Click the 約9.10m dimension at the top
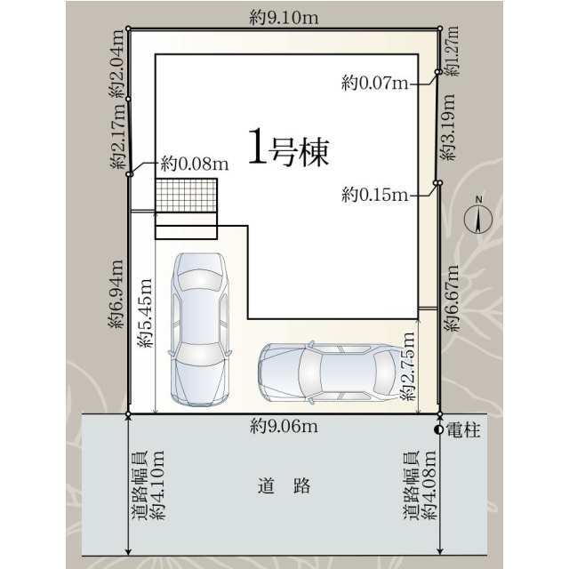[x=284, y=18]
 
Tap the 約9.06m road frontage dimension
[x=284, y=426]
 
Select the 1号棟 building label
[x=289, y=152]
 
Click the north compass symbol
[x=478, y=217]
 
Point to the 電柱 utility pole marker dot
[x=439, y=429]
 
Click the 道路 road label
[x=284, y=486]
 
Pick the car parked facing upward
[x=200, y=330]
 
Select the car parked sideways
[x=327, y=372]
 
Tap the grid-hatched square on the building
[x=186, y=196]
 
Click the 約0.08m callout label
[x=195, y=164]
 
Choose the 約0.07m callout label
[x=374, y=84]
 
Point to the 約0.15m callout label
[x=374, y=196]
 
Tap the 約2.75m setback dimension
[x=407, y=365]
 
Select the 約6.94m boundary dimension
[x=116, y=294]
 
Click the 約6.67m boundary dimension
[x=453, y=299]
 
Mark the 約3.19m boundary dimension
[x=447, y=126]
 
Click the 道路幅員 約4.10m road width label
[x=148, y=485]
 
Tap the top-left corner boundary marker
[x=128, y=28]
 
